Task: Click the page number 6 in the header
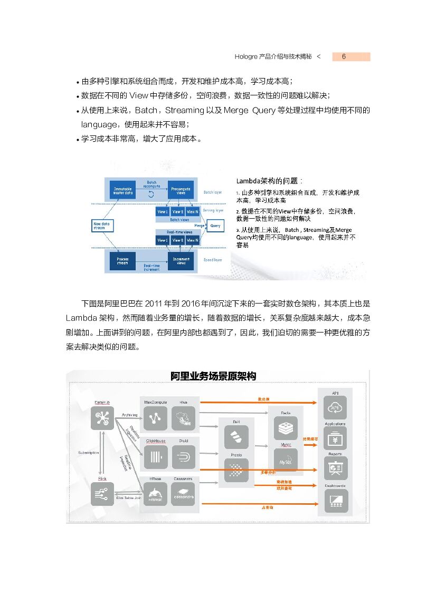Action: pos(344,57)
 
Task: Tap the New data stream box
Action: pos(102,226)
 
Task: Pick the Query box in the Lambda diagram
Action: pos(215,226)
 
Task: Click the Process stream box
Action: pos(122,260)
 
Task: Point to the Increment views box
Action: pos(181,260)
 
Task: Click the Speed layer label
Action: pos(213,260)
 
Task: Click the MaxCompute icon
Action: pos(155,419)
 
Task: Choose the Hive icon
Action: pos(183,419)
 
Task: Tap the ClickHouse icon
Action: pos(155,456)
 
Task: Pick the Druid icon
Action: pos(183,456)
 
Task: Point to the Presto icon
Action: pos(236,470)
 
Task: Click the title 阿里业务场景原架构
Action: pos(213,376)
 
